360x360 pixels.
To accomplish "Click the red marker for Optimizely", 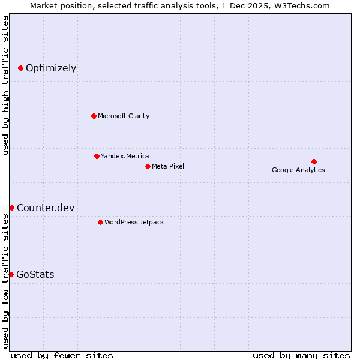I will tap(20, 68).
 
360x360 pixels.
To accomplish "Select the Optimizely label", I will tap(51, 68).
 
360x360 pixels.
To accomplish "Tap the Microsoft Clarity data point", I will tap(94, 116).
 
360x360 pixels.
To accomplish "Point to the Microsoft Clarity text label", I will tap(124, 116).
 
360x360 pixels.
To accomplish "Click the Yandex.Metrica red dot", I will tap(97, 156).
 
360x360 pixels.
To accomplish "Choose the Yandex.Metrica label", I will tap(125, 156).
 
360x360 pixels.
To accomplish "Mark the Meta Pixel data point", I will tap(148, 166).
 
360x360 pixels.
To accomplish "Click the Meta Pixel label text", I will tap(168, 166).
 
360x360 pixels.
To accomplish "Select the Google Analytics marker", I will tap(314, 161).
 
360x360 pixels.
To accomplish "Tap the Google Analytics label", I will tap(298, 170).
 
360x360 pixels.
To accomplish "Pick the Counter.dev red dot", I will tap(11, 208).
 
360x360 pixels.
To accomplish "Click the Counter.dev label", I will tap(46, 208).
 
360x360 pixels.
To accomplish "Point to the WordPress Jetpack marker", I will tap(100, 222).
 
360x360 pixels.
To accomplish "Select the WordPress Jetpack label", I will tap(134, 222).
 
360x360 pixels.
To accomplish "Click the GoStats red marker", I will tap(11, 274).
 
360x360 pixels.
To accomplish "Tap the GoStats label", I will tap(35, 274).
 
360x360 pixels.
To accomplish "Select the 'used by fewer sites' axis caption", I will tap(62, 355).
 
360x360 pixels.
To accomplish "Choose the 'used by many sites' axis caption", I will tap(301, 355).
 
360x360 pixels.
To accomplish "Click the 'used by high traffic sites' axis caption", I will tap(6, 85).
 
